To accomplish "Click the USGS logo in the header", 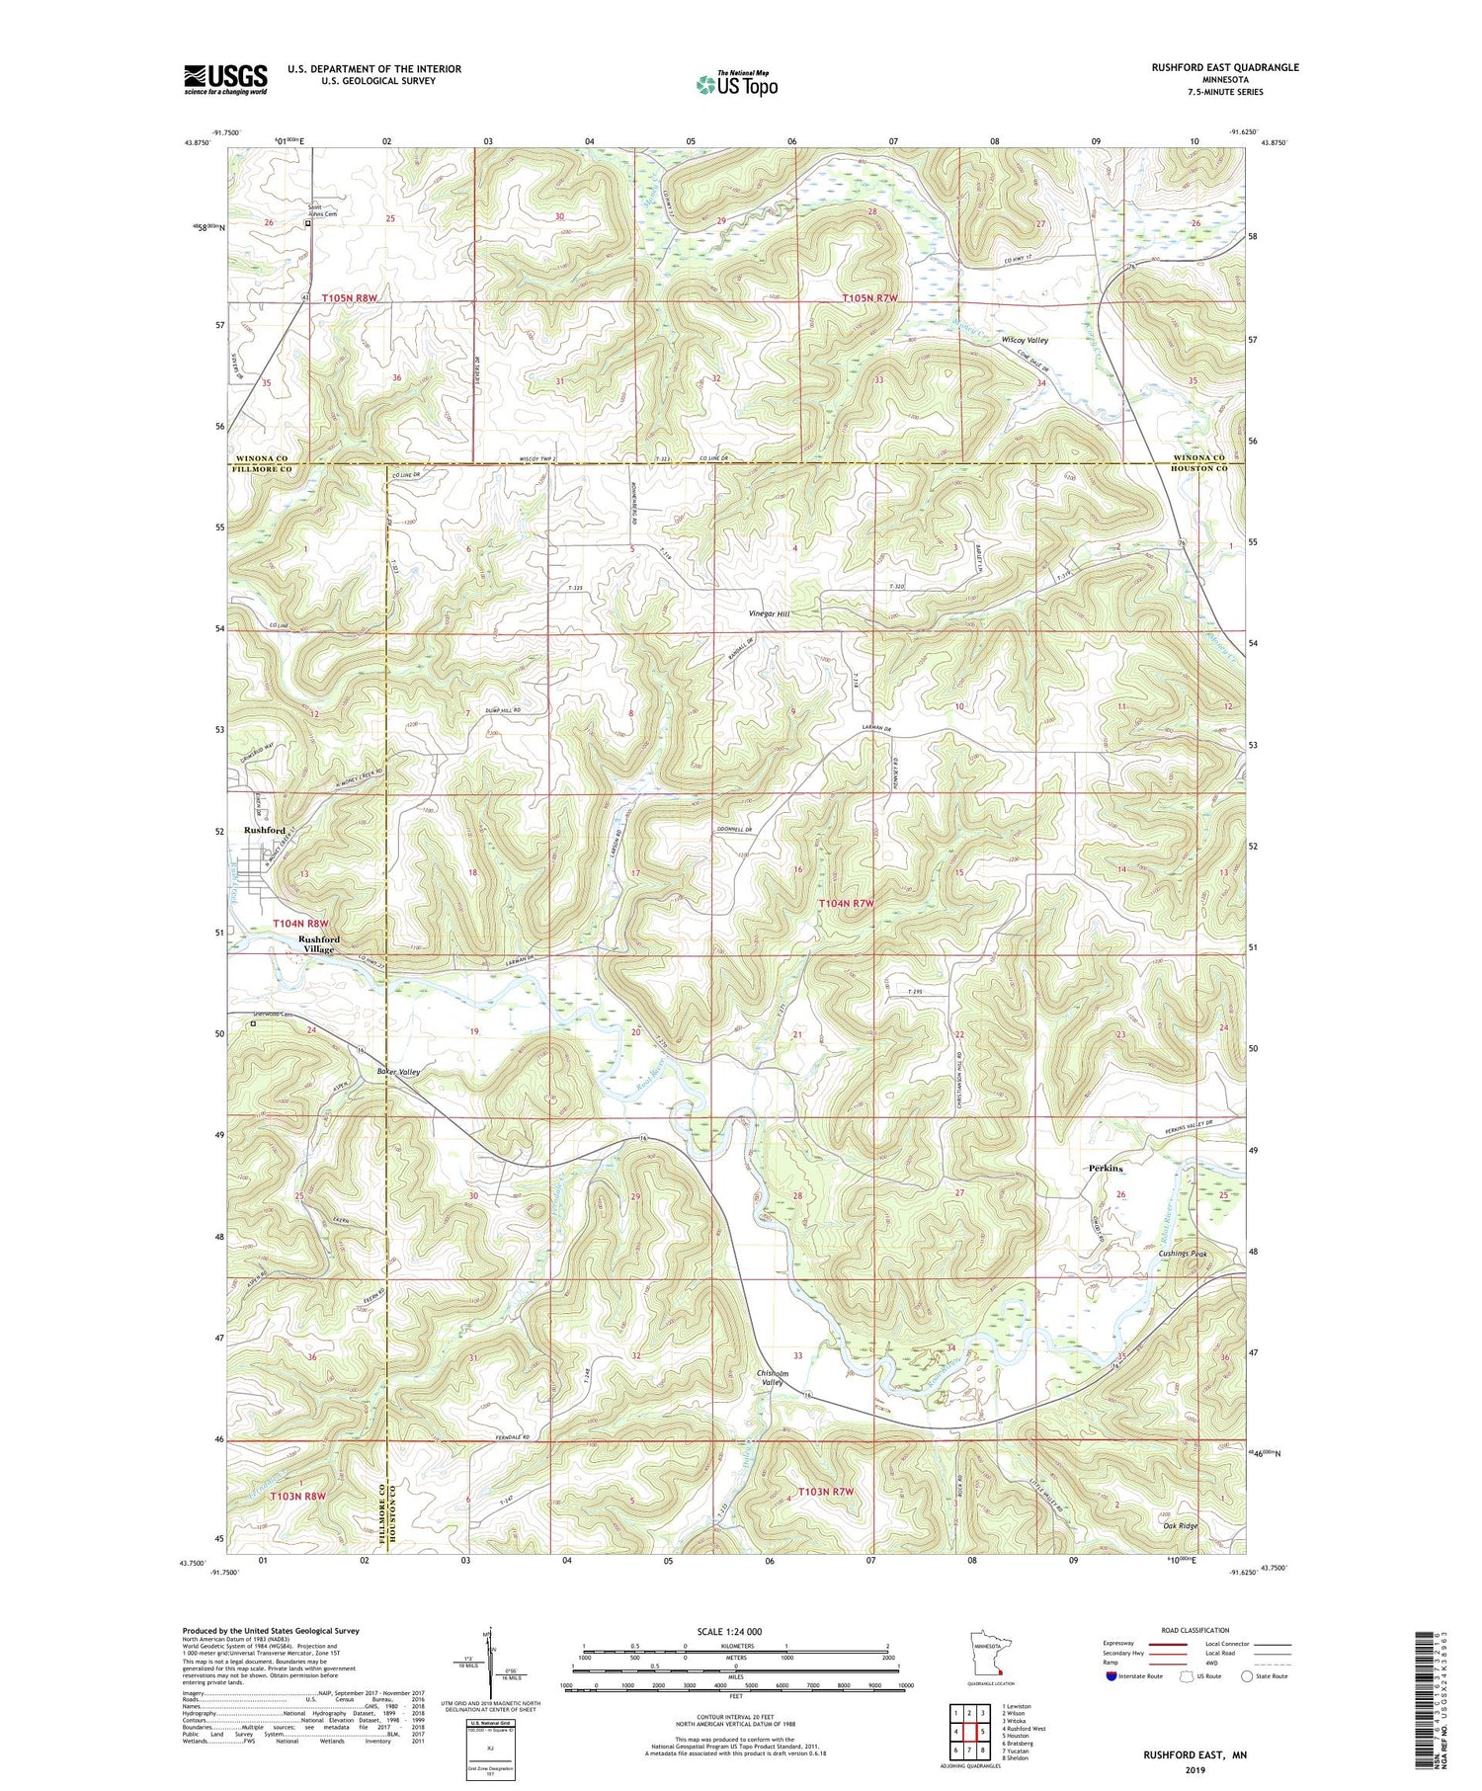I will tap(225, 79).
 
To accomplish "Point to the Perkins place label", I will tap(1106, 1169).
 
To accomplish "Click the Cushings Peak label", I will tap(1183, 1254).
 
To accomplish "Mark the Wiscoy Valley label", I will tap(1025, 340).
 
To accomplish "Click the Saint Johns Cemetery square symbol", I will tap(307, 223).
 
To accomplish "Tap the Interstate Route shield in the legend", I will tap(1111, 1676).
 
